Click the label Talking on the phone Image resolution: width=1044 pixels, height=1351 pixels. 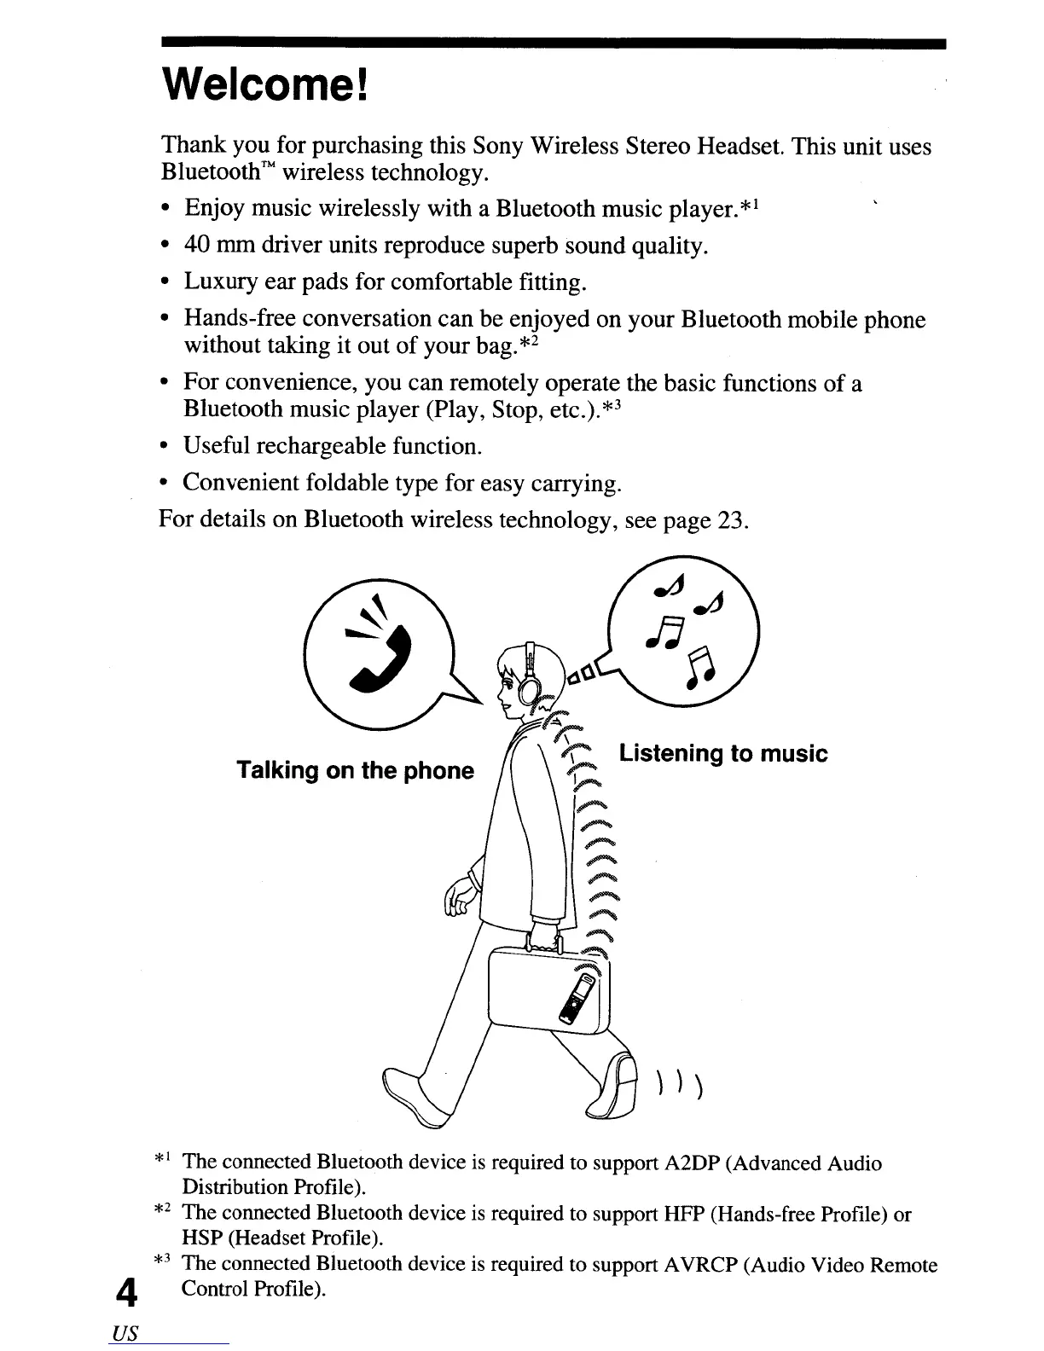[355, 771]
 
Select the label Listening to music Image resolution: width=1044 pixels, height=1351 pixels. [723, 754]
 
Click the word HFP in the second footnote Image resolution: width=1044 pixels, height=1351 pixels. [682, 1214]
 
